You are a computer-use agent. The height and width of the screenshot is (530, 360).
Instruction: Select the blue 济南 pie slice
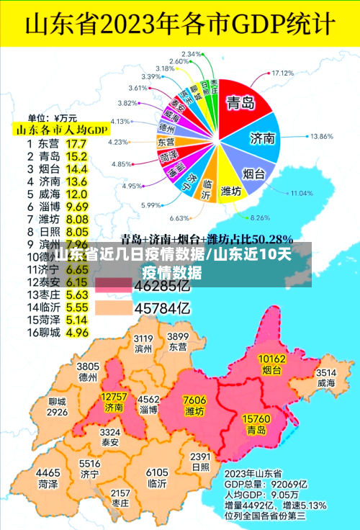click(261, 138)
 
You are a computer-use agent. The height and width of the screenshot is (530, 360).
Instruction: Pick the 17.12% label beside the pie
click(284, 73)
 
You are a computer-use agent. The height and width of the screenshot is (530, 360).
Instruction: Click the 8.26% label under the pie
click(258, 217)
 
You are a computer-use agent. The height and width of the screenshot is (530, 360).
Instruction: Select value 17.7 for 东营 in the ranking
click(76, 143)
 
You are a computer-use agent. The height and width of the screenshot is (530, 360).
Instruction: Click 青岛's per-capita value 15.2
click(76, 156)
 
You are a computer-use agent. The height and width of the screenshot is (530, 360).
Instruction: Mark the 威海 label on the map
click(326, 383)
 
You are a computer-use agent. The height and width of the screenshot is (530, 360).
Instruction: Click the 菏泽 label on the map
click(48, 484)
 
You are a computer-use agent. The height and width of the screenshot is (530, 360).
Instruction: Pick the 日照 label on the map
click(200, 467)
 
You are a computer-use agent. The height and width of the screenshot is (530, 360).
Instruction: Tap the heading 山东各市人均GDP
click(62, 130)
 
